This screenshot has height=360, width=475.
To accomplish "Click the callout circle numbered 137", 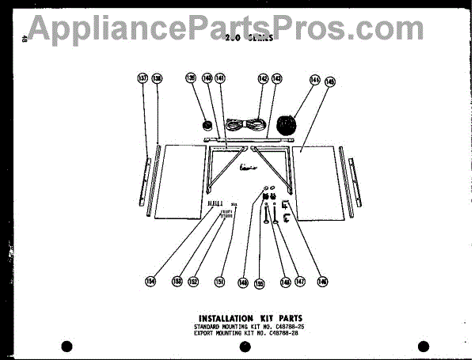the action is pyautogui.click(x=142, y=78).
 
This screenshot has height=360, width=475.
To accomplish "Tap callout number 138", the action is pyautogui.click(x=157, y=78).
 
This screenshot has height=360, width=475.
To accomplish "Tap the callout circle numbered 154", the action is pyautogui.click(x=151, y=280).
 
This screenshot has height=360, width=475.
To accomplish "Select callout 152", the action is pyautogui.click(x=192, y=281).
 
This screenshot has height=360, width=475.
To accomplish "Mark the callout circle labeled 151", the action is pyautogui.click(x=220, y=281).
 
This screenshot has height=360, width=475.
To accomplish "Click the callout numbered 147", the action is pyautogui.click(x=299, y=281).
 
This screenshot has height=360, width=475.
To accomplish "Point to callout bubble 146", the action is pyautogui.click(x=322, y=281).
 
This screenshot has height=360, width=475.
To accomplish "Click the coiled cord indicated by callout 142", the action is pyautogui.click(x=244, y=123).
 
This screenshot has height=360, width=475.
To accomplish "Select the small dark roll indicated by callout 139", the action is pyautogui.click(x=207, y=124).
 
